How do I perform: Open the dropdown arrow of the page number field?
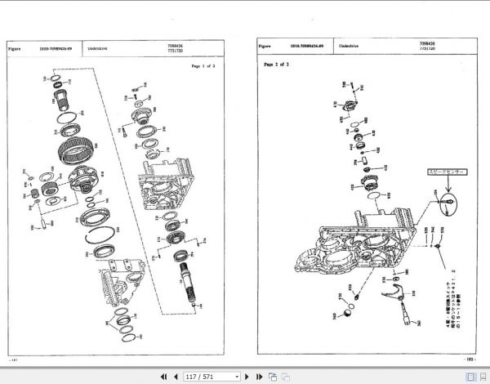[238, 377]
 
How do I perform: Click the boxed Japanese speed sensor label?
[441, 173]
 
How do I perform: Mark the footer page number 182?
[467, 357]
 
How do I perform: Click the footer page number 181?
[11, 358]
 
